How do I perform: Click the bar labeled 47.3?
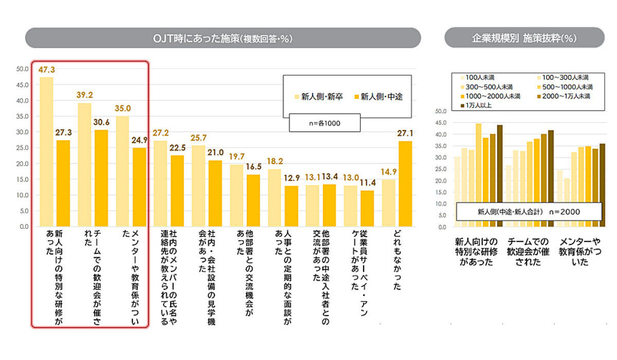point(46,152)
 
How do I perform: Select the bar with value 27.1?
point(405,184)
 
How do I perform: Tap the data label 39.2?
point(84,96)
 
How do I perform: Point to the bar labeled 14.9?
point(388,203)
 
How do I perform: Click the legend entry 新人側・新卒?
point(319,96)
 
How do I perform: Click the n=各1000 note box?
point(324,123)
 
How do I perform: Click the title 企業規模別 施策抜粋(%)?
point(524,38)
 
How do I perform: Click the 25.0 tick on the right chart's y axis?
point(440,169)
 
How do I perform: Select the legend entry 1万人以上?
point(478,105)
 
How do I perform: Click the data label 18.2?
point(275,161)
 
